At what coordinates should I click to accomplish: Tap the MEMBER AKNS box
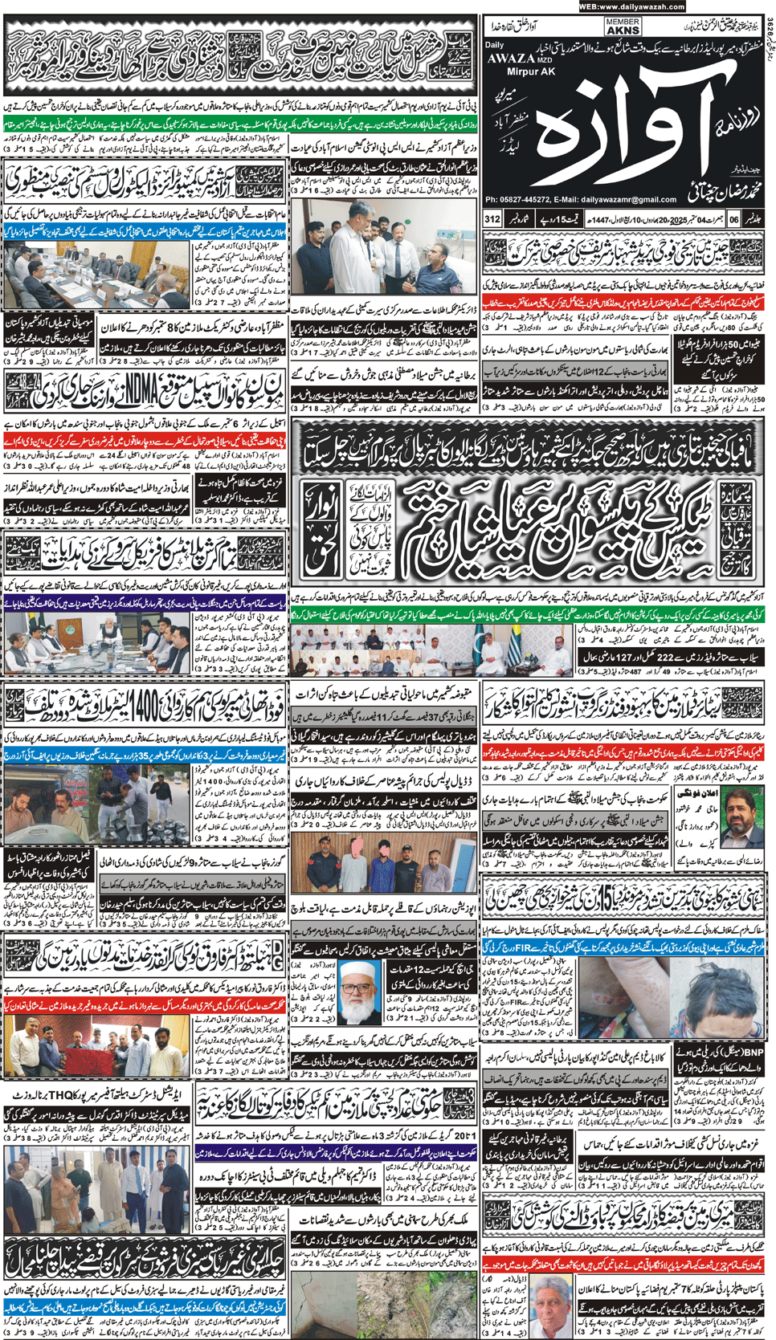pos(623,26)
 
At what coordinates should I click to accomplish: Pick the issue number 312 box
pos(492,218)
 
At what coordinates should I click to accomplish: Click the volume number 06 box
pos(733,218)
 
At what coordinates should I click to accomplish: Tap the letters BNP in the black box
pos(754,1051)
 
